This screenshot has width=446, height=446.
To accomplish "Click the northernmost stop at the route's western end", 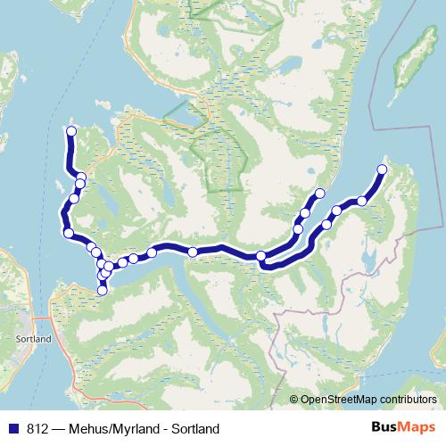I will coord(71,132).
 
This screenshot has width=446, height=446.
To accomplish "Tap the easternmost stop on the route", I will coord(383,169).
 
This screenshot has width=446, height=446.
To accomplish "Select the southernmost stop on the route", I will coord(103,290).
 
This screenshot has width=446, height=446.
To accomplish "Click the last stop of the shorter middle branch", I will coord(319,194).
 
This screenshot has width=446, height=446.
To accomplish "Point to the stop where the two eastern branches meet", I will coord(261,257).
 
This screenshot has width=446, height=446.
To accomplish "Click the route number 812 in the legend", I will coord(37,429).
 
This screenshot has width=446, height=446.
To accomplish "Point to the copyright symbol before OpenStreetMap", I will coord(293,400).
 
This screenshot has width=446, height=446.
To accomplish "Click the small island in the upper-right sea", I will coord(407,62).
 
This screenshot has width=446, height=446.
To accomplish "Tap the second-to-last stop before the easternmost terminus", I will coord(337,211).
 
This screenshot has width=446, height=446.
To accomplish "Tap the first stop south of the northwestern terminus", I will coord(81,177).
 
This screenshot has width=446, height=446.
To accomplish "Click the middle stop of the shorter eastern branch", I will coord(305,213).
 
